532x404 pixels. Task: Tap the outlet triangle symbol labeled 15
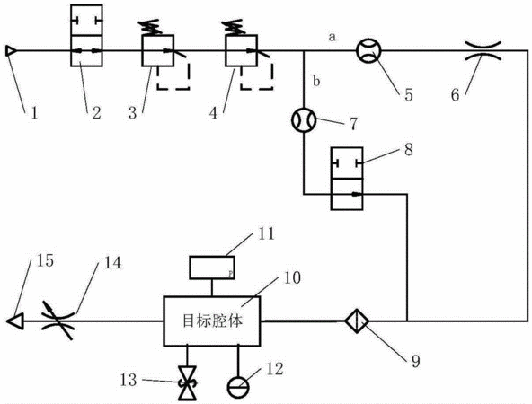[15, 321]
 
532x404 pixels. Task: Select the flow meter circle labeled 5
[368, 51]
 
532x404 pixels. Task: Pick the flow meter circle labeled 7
[304, 120]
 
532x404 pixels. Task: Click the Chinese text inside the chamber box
[212, 321]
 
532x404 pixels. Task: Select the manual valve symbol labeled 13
[188, 383]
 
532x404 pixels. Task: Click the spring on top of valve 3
[149, 27]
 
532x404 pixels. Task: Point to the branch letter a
[332, 37]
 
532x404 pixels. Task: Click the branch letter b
[316, 82]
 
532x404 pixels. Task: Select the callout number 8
[409, 148]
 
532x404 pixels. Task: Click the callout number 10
[292, 277]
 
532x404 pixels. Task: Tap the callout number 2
[96, 112]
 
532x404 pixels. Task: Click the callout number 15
[45, 260]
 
